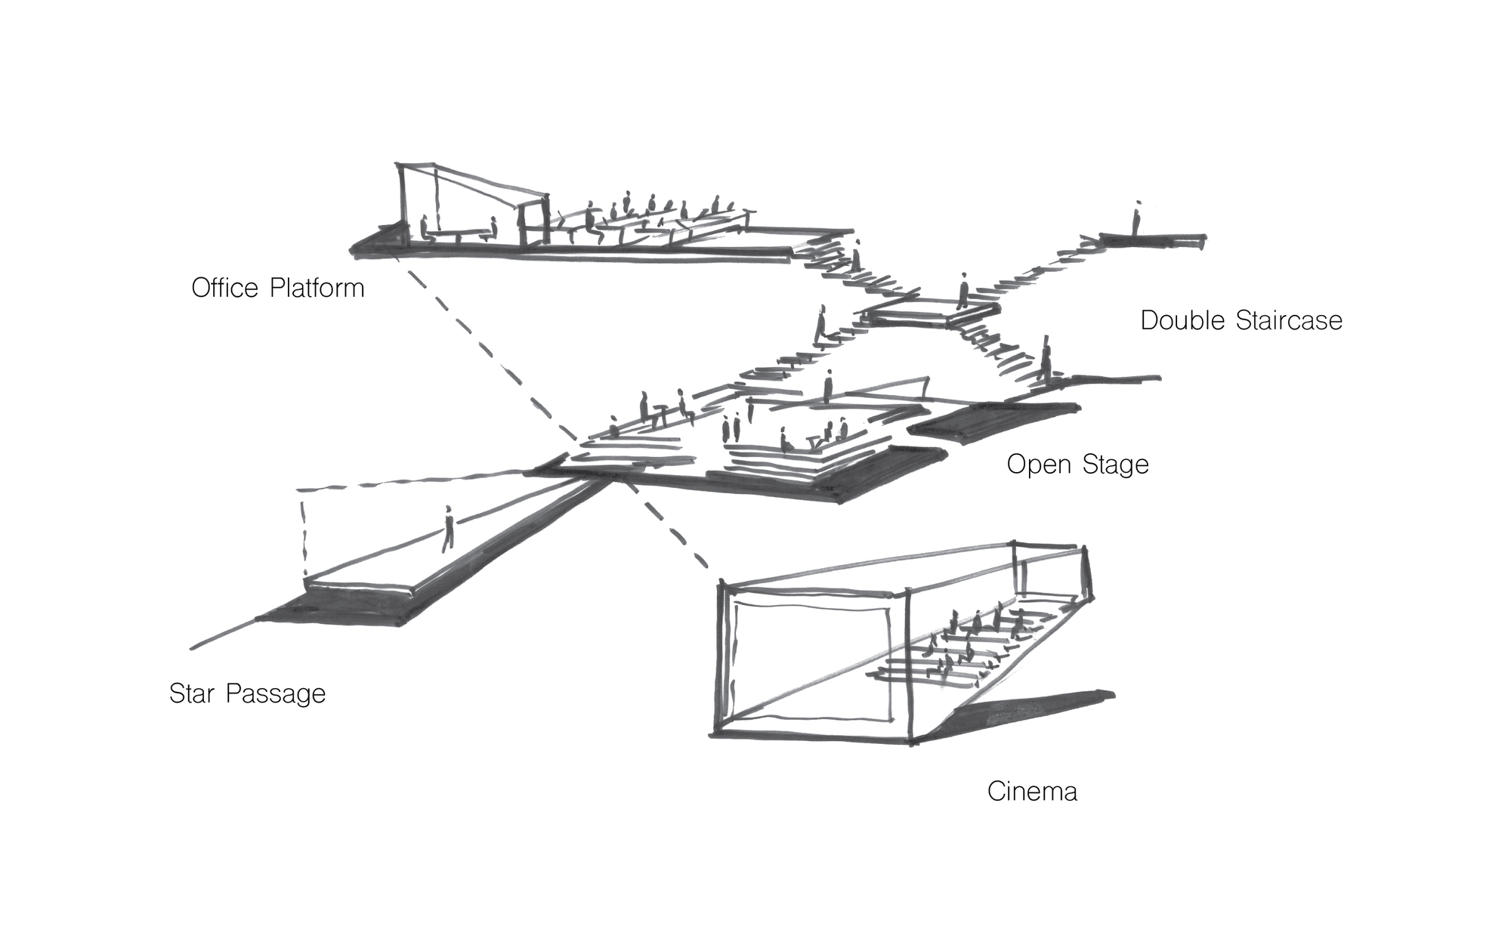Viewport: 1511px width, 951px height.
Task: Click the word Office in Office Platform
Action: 224,288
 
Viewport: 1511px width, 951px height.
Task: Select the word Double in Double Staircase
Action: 1183,320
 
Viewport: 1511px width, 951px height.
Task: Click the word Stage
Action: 1115,465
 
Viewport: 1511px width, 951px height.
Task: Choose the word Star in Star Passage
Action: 193,693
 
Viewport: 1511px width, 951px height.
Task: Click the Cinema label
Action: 1032,792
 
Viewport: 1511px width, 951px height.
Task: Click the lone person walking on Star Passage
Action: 448,529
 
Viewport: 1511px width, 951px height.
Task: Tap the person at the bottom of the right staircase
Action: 1046,363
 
